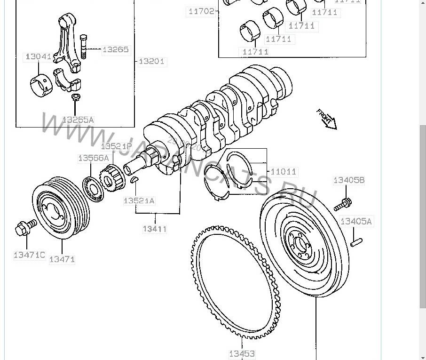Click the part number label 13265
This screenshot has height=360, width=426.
pyautogui.click(x=115, y=49)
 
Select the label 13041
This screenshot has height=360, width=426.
pyautogui.click(x=38, y=56)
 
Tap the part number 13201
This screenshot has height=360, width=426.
pyautogui.click(x=152, y=62)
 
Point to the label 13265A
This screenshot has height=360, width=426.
pyautogui.click(x=78, y=120)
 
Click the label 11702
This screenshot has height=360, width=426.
pyautogui.click(x=201, y=12)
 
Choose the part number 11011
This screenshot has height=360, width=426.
pyautogui.click(x=284, y=172)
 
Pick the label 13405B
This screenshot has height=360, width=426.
pyautogui.click(x=349, y=180)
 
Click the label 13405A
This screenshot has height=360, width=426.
pyautogui.click(x=356, y=221)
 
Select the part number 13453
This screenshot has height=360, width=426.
pyautogui.click(x=242, y=353)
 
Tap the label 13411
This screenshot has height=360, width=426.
pyautogui.click(x=155, y=229)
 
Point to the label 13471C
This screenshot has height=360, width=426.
pyautogui.click(x=29, y=255)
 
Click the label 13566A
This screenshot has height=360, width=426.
pyautogui.click(x=93, y=158)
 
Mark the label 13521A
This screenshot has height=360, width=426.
pyautogui.click(x=139, y=201)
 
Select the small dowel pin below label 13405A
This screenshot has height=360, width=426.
pyautogui.click(x=356, y=242)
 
